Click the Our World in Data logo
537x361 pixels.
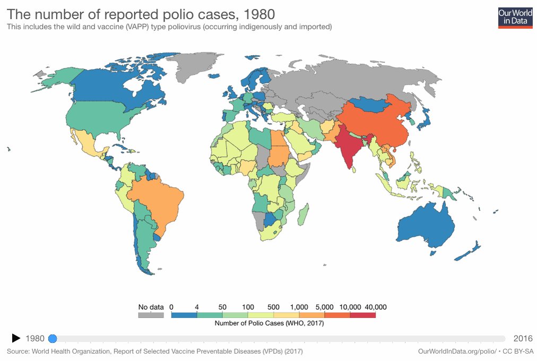point(515,17)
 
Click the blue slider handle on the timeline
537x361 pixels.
point(52,338)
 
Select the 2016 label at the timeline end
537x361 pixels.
point(523,338)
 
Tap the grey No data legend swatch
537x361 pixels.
point(151,315)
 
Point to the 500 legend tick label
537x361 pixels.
point(274,307)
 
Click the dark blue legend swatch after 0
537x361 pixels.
point(184,315)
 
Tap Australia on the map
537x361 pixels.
point(425,226)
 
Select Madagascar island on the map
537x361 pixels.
point(303,216)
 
